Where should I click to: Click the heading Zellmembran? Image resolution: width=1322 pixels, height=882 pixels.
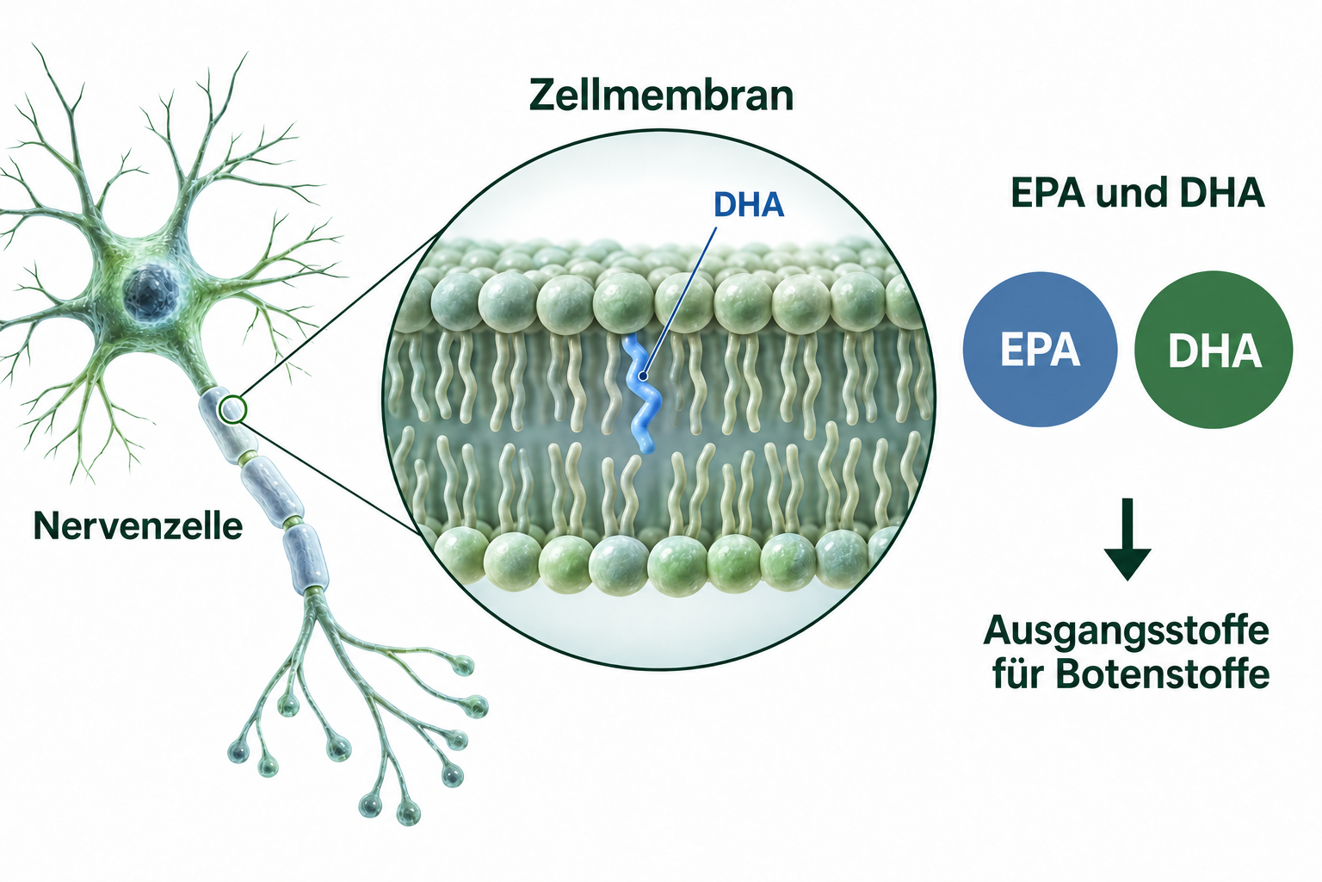(x=661, y=95)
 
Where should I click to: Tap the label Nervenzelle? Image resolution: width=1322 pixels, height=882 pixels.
(x=138, y=525)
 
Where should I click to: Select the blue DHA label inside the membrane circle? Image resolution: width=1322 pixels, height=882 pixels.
(x=748, y=204)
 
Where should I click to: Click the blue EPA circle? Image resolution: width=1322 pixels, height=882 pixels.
(x=1040, y=349)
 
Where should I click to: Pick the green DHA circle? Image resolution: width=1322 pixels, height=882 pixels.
(x=1214, y=350)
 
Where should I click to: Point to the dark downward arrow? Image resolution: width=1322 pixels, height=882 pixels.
(x=1127, y=539)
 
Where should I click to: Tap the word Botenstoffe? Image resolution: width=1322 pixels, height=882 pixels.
(x=1162, y=674)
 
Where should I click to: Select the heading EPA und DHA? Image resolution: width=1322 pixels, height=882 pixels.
(x=1137, y=193)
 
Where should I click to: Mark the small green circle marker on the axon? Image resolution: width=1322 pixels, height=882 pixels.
(x=232, y=409)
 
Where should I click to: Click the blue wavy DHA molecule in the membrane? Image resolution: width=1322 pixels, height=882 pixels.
(x=641, y=394)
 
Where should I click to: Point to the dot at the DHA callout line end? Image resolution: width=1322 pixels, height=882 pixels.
(x=643, y=376)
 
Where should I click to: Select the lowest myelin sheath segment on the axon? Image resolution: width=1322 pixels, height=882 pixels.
(x=306, y=559)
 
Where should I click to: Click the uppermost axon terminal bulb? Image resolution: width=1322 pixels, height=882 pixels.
(x=464, y=667)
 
